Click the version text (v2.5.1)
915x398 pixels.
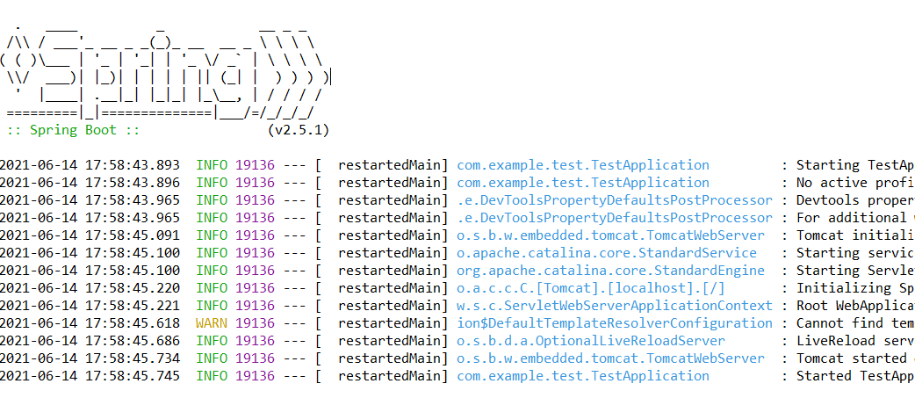coord(298,130)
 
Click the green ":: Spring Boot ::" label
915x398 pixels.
coord(73,130)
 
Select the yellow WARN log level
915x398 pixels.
coord(211,323)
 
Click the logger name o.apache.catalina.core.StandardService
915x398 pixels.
coord(606,253)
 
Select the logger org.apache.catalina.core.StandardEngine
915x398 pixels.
coord(610,271)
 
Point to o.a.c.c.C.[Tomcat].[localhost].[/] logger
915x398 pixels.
coord(590,288)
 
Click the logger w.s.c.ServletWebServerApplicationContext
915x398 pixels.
coord(615,306)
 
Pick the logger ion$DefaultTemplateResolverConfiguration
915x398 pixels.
coord(615,323)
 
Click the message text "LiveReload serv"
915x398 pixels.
coord(854,341)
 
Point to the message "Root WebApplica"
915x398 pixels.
coord(854,306)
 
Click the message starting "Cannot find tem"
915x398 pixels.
coord(854,323)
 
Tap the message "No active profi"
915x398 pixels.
coord(854,183)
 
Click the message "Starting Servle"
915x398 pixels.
coord(854,271)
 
